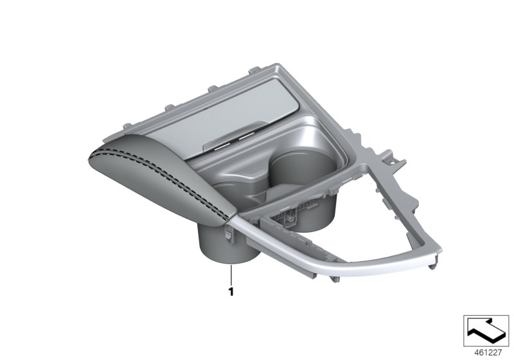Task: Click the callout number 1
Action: [229, 291]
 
